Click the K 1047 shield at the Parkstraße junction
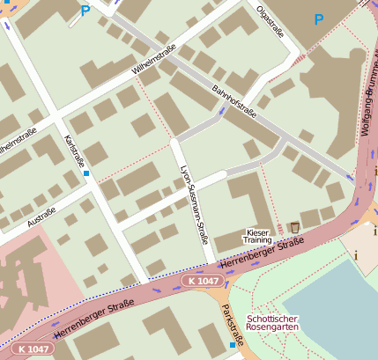click(203, 280)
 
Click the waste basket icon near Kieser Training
click(294, 228)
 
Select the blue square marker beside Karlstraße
click(86, 173)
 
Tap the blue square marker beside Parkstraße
click(233, 345)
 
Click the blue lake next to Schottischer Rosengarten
click(344, 308)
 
